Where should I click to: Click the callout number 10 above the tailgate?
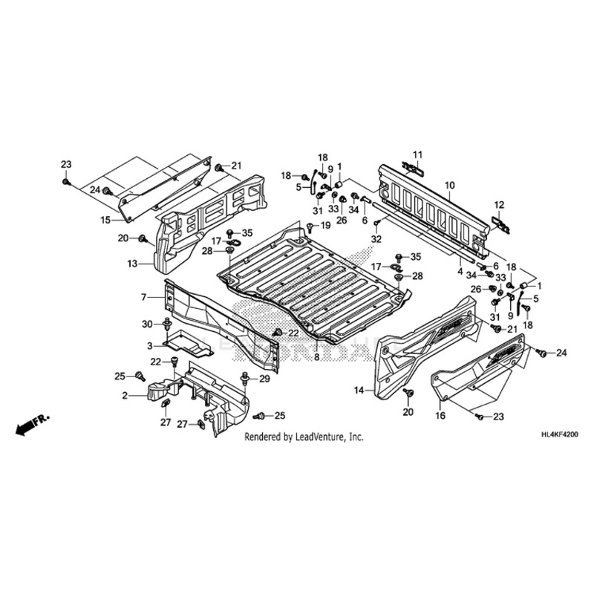click(450, 184)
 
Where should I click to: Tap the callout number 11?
click(417, 154)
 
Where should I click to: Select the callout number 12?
click(499, 205)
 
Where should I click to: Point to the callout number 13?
click(131, 264)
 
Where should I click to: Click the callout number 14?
click(359, 390)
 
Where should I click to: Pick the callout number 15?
click(105, 220)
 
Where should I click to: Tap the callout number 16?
click(440, 417)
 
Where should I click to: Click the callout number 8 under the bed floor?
click(316, 357)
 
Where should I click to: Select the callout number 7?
click(144, 297)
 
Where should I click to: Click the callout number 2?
click(125, 395)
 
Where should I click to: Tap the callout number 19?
click(325, 225)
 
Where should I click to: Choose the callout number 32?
click(376, 239)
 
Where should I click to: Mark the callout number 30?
click(147, 324)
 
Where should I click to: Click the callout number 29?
click(263, 379)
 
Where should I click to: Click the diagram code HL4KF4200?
click(558, 439)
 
